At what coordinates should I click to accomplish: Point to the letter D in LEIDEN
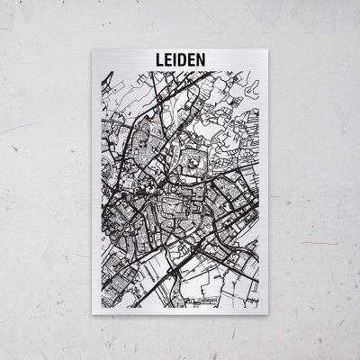[x=179, y=59]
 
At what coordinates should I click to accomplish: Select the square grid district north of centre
[x=193, y=162]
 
